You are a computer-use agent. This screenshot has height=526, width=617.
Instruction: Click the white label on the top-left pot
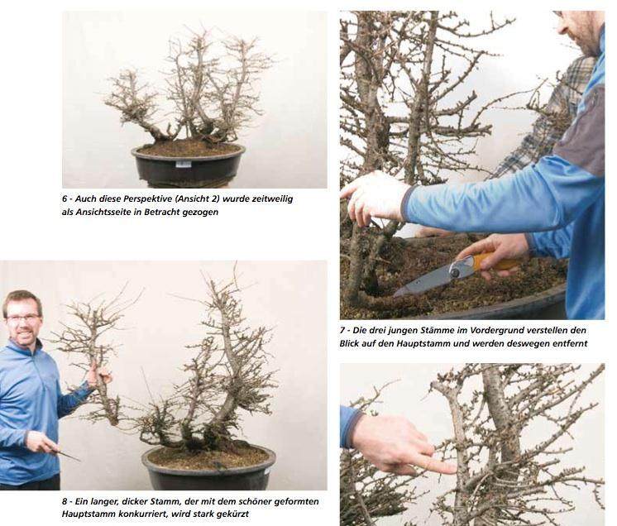tap(184, 164)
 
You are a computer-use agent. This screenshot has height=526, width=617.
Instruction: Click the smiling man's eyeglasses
tap(22, 318)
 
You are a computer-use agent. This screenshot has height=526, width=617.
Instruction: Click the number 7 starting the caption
tap(342, 330)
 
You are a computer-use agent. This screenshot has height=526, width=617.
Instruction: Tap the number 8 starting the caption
tap(65, 502)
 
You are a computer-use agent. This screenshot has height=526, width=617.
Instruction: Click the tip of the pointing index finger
tap(454, 468)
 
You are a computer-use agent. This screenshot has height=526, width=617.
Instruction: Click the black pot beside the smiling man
tap(208, 469)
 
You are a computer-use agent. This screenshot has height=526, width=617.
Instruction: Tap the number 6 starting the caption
tap(65, 199)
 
